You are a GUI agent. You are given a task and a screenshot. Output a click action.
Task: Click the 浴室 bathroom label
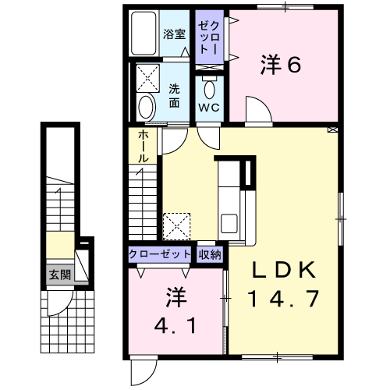pyautogui.click(x=174, y=34)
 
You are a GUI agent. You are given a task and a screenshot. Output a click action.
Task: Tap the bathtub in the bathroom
pyautogui.click(x=144, y=33)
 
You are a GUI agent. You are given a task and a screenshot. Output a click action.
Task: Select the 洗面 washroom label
pyautogui.click(x=174, y=96)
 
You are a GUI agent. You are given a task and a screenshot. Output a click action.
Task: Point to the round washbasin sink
pyautogui.click(x=147, y=108)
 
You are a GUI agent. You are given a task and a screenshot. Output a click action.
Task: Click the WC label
pyautogui.click(x=209, y=108)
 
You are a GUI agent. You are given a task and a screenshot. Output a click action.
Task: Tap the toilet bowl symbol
pyautogui.click(x=210, y=89)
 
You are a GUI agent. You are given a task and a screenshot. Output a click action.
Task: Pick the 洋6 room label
pyautogui.click(x=281, y=64)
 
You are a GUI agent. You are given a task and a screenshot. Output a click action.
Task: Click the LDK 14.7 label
pyautogui.click(x=283, y=284)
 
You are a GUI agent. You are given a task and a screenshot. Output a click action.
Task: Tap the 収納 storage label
pyautogui.click(x=210, y=254)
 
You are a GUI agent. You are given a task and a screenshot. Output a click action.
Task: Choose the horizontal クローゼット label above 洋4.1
pyautogui.click(x=160, y=254)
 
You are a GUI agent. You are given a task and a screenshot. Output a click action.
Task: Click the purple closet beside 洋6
pyautogui.click(x=209, y=37)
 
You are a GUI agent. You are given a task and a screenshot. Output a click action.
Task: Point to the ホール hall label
pyautogui.click(x=143, y=147)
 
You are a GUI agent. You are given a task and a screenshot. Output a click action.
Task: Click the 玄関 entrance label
pyautogui.click(x=60, y=275)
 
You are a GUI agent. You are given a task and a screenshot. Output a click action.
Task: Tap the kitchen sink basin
pyautogui.click(x=229, y=223)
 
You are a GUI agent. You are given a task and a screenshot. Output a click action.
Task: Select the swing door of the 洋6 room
pyautogui.click(x=259, y=109)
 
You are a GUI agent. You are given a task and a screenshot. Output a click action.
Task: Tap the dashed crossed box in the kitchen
pyautogui.click(x=176, y=226)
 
